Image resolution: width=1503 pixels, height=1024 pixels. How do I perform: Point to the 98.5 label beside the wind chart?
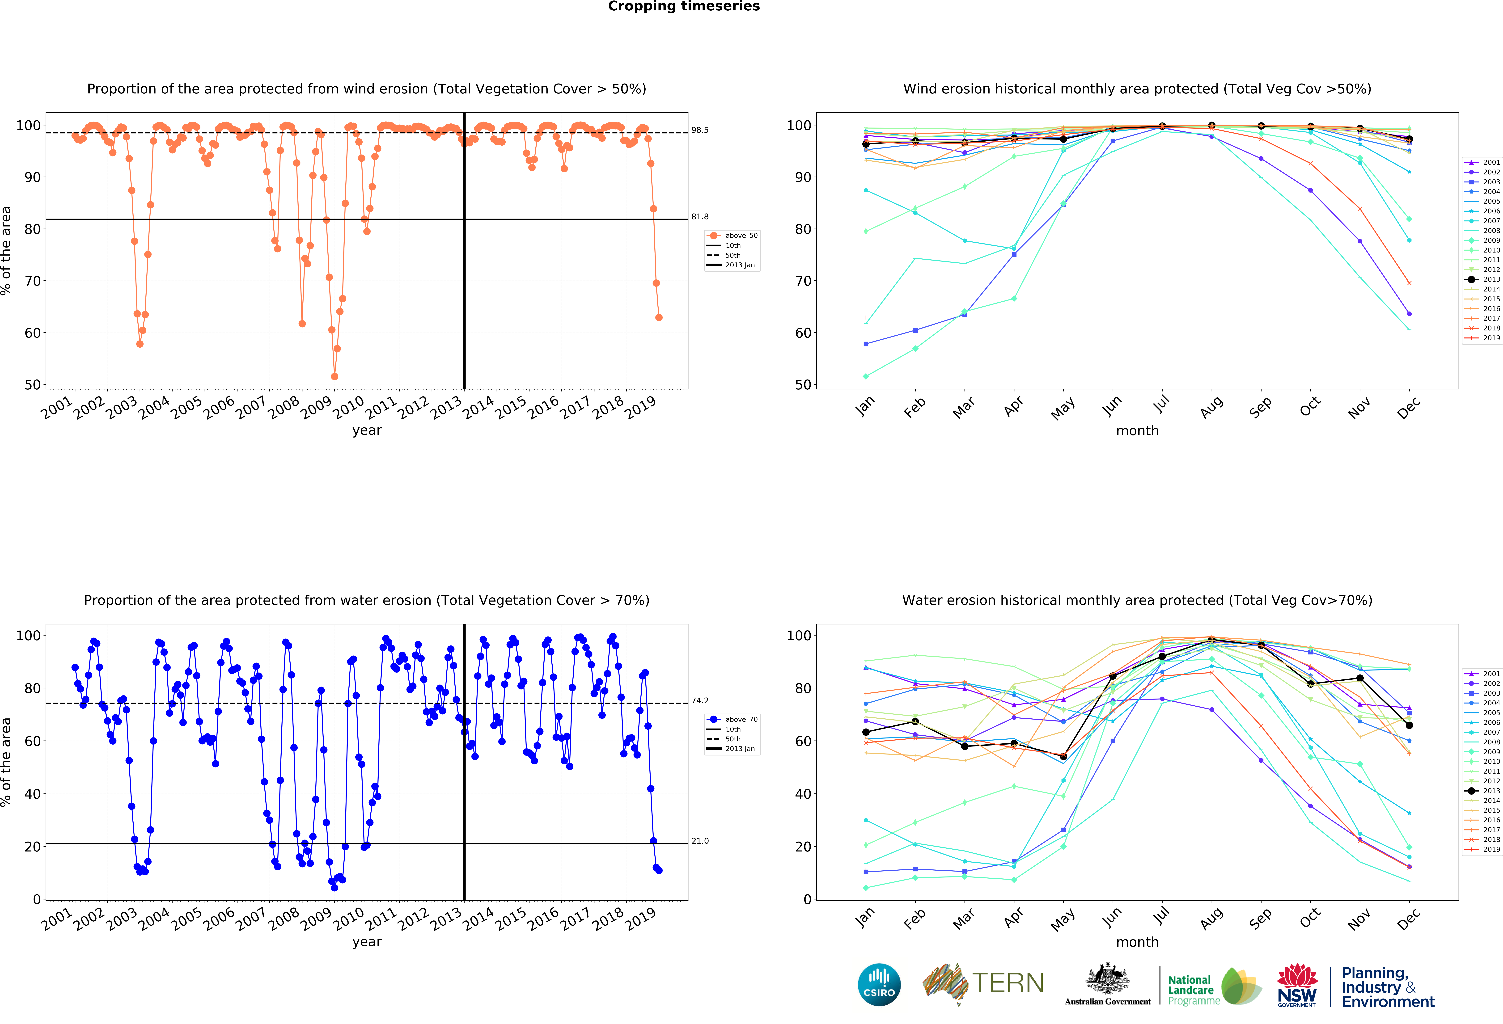pyautogui.click(x=700, y=130)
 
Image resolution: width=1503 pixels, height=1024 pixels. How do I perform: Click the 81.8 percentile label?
pyautogui.click(x=700, y=217)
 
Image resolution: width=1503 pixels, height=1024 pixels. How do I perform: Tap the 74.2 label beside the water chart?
pyautogui.click(x=700, y=700)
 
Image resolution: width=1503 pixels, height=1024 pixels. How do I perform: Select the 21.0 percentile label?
pyautogui.click(x=700, y=840)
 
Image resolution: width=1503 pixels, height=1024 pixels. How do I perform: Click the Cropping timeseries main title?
pyautogui.click(x=684, y=6)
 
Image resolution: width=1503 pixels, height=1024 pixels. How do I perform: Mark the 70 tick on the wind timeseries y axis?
pyautogui.click(x=32, y=281)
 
